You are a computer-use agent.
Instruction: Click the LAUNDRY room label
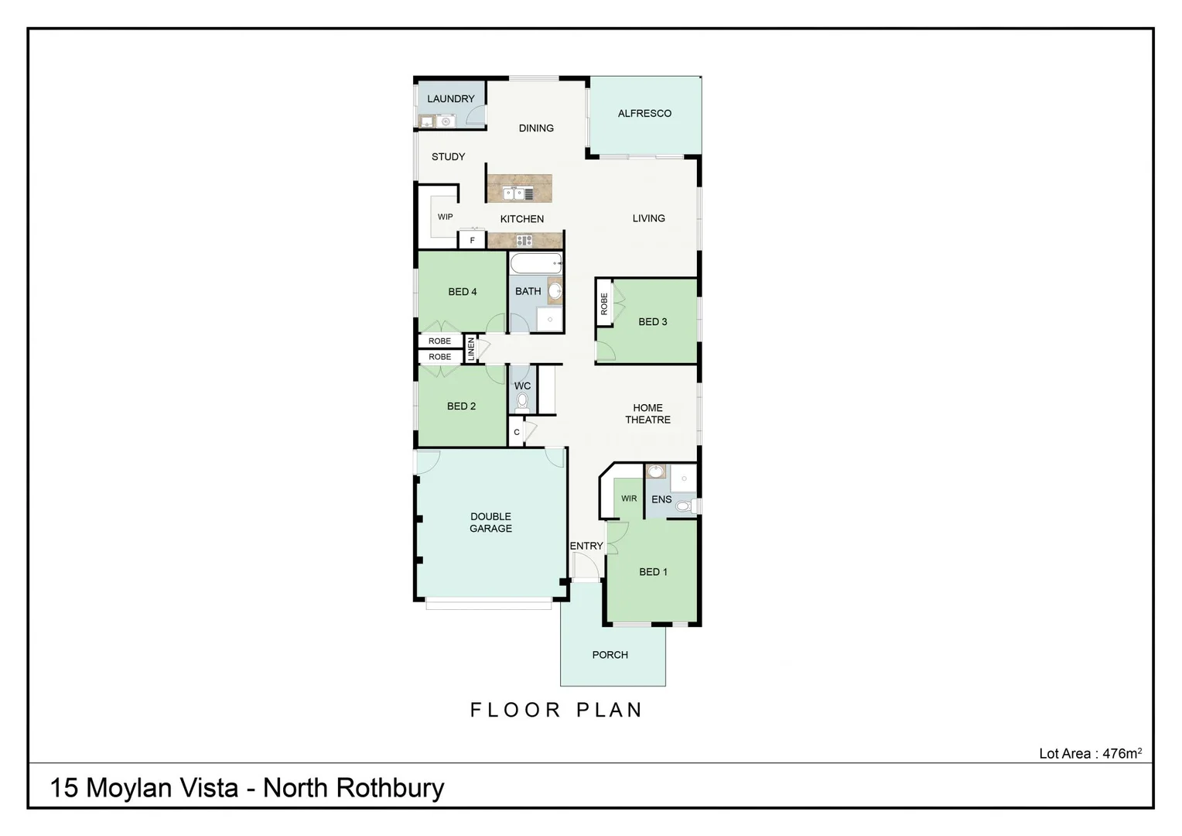[x=450, y=99]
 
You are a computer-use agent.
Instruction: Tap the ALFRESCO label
[x=644, y=113]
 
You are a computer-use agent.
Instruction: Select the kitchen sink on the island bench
[x=514, y=194]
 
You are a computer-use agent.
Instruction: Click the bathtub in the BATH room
[x=535, y=263]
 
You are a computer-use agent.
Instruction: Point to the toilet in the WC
[x=522, y=401]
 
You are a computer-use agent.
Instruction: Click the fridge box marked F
[x=472, y=240]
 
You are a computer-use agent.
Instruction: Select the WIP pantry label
[x=445, y=217]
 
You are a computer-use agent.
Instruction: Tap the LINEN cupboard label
[x=471, y=349]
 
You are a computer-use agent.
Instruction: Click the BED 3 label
[x=652, y=321]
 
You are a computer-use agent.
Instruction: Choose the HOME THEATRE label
[x=647, y=413]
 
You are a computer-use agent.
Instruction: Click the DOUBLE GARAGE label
[x=490, y=522]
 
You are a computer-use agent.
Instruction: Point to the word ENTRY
[x=586, y=546]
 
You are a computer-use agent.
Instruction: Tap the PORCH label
[x=610, y=655]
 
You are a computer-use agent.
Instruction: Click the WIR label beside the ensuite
[x=629, y=499]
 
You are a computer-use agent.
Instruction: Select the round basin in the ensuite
[x=656, y=471]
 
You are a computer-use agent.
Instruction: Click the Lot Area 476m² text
[x=1089, y=753]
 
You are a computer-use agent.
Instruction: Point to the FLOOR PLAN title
[x=556, y=710]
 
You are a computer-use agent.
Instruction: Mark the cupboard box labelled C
[x=517, y=432]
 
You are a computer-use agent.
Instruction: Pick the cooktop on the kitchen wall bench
[x=524, y=241]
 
